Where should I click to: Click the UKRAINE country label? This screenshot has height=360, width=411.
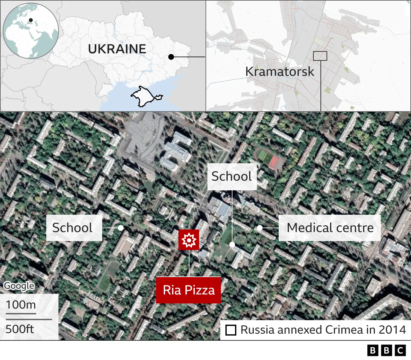(x=117, y=49)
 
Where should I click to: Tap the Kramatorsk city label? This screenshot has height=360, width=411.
(x=280, y=71)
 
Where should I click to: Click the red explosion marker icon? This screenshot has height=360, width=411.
(x=189, y=240)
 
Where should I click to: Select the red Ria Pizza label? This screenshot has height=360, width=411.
(x=188, y=290)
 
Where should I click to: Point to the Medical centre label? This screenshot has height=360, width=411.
(x=330, y=228)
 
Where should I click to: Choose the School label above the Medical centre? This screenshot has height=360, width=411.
(x=232, y=176)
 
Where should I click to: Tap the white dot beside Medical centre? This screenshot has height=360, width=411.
(x=260, y=228)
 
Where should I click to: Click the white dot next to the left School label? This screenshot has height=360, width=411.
(x=121, y=228)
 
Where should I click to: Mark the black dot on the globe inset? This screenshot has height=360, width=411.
(x=31, y=20)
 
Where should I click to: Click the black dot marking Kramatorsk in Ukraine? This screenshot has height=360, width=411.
(x=171, y=57)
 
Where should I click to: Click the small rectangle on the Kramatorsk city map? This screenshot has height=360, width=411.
(x=320, y=56)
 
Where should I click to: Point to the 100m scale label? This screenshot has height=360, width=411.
(x=21, y=304)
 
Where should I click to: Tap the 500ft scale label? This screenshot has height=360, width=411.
(x=20, y=329)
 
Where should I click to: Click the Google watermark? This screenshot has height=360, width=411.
(x=19, y=286)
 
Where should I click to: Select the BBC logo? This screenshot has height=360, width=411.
(x=387, y=350)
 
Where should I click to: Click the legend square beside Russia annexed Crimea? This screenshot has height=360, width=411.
(x=231, y=330)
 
